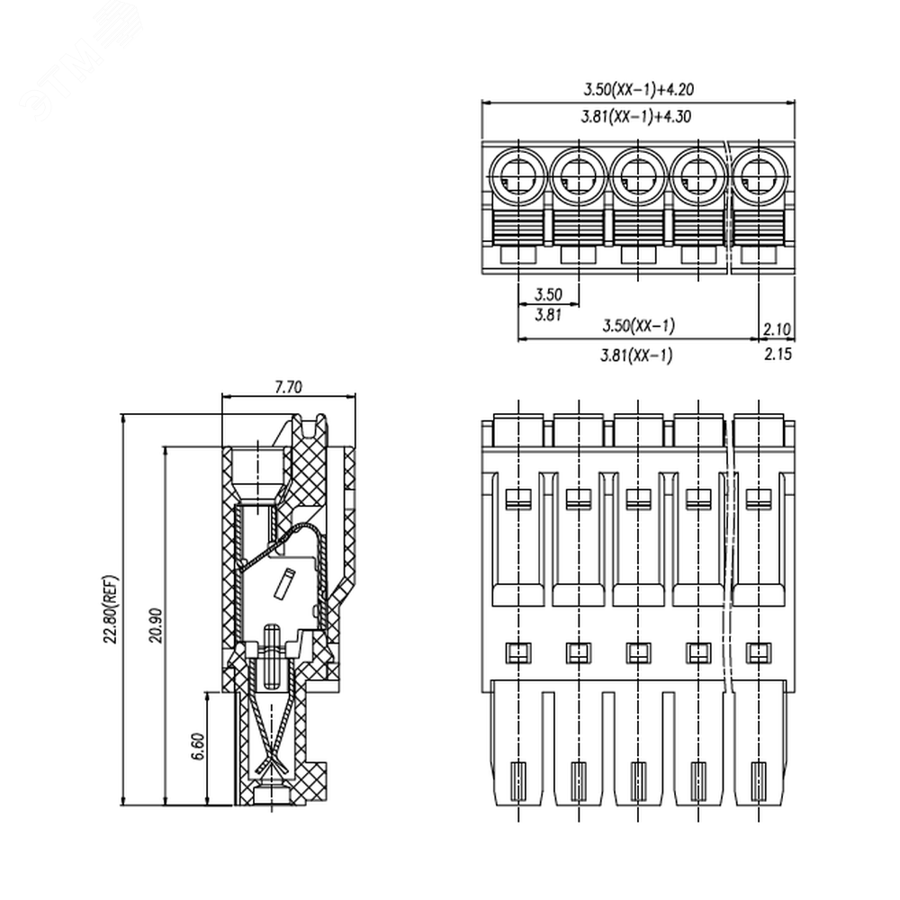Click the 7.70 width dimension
[x=288, y=387]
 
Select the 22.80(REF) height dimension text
[x=110, y=608]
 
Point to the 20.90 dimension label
[x=156, y=625]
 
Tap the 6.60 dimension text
[x=198, y=746]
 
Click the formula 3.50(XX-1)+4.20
[x=639, y=89]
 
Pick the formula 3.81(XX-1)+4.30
[x=636, y=116]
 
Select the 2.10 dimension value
[x=778, y=329]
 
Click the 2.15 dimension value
[x=778, y=354]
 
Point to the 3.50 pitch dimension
[x=548, y=294]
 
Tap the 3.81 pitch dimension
[x=548, y=314]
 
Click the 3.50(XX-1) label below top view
[x=638, y=326]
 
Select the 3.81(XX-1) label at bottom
[x=636, y=355]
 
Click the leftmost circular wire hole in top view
[x=518, y=176]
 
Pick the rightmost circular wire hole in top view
[x=759, y=176]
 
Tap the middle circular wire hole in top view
[x=638, y=176]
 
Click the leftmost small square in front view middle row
[x=518, y=652]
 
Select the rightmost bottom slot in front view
[x=759, y=781]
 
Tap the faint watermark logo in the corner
[x=80, y=63]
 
